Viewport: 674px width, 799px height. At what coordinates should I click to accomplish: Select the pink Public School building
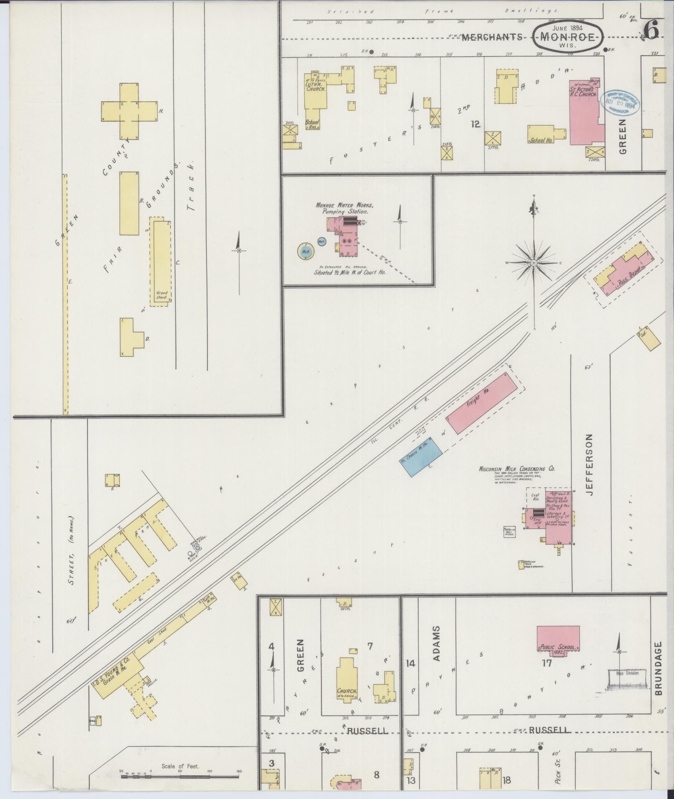coord(558,638)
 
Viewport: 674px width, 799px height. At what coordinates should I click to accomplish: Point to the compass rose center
coord(534,263)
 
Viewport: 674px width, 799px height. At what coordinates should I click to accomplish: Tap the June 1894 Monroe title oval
coord(567,37)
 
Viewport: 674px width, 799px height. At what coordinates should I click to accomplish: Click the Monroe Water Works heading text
coord(344,205)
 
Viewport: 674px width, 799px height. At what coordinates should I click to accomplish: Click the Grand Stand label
coord(162,295)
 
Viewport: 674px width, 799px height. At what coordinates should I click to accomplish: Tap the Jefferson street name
coord(589,464)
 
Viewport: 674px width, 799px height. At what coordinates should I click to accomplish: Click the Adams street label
coord(436,649)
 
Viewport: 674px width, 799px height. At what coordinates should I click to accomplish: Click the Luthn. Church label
coord(315,86)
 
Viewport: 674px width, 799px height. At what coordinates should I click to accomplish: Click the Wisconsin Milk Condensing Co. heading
coord(516,469)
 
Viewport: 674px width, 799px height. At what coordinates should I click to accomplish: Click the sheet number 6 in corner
coord(652,29)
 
